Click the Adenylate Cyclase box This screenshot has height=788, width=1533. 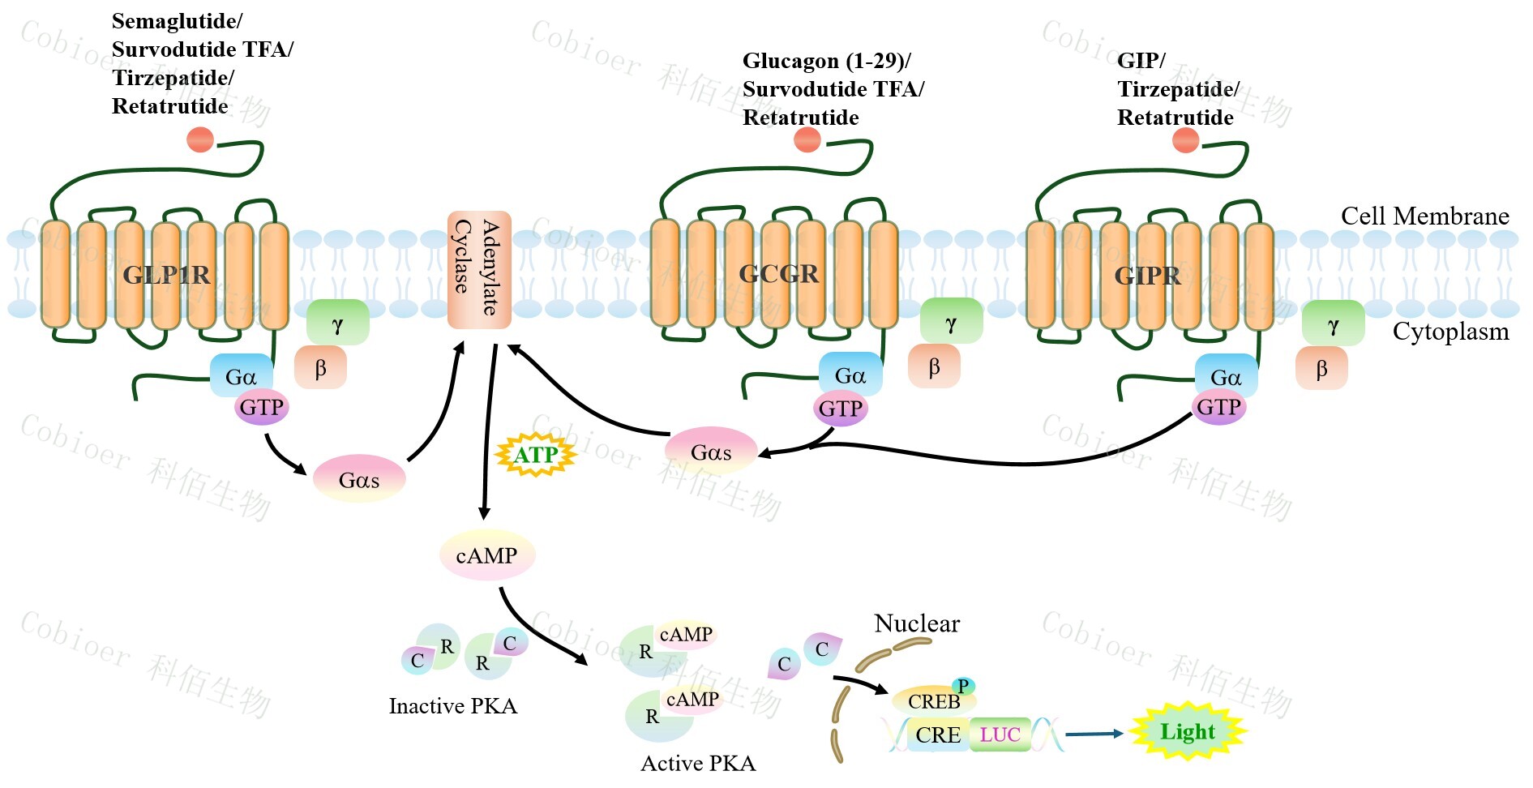479,269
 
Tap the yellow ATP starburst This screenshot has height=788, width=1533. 535,455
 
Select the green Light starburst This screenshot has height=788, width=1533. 1187,732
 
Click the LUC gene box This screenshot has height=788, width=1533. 1000,734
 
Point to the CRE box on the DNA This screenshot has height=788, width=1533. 938,735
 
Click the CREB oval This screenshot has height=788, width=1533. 933,700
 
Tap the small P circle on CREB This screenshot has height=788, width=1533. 963,686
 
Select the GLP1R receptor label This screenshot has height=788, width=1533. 166,276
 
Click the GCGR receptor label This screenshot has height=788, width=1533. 778,274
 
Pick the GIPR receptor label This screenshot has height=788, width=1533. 1147,276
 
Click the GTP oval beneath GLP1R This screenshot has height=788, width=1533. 261,407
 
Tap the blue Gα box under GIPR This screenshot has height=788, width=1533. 1226,377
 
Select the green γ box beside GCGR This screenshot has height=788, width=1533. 951,323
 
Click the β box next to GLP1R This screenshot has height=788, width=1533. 320,368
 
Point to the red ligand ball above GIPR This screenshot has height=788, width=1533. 1185,140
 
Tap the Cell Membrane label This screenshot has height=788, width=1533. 1424,216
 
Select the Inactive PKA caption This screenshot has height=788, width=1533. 452,706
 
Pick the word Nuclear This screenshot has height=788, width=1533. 916,623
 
